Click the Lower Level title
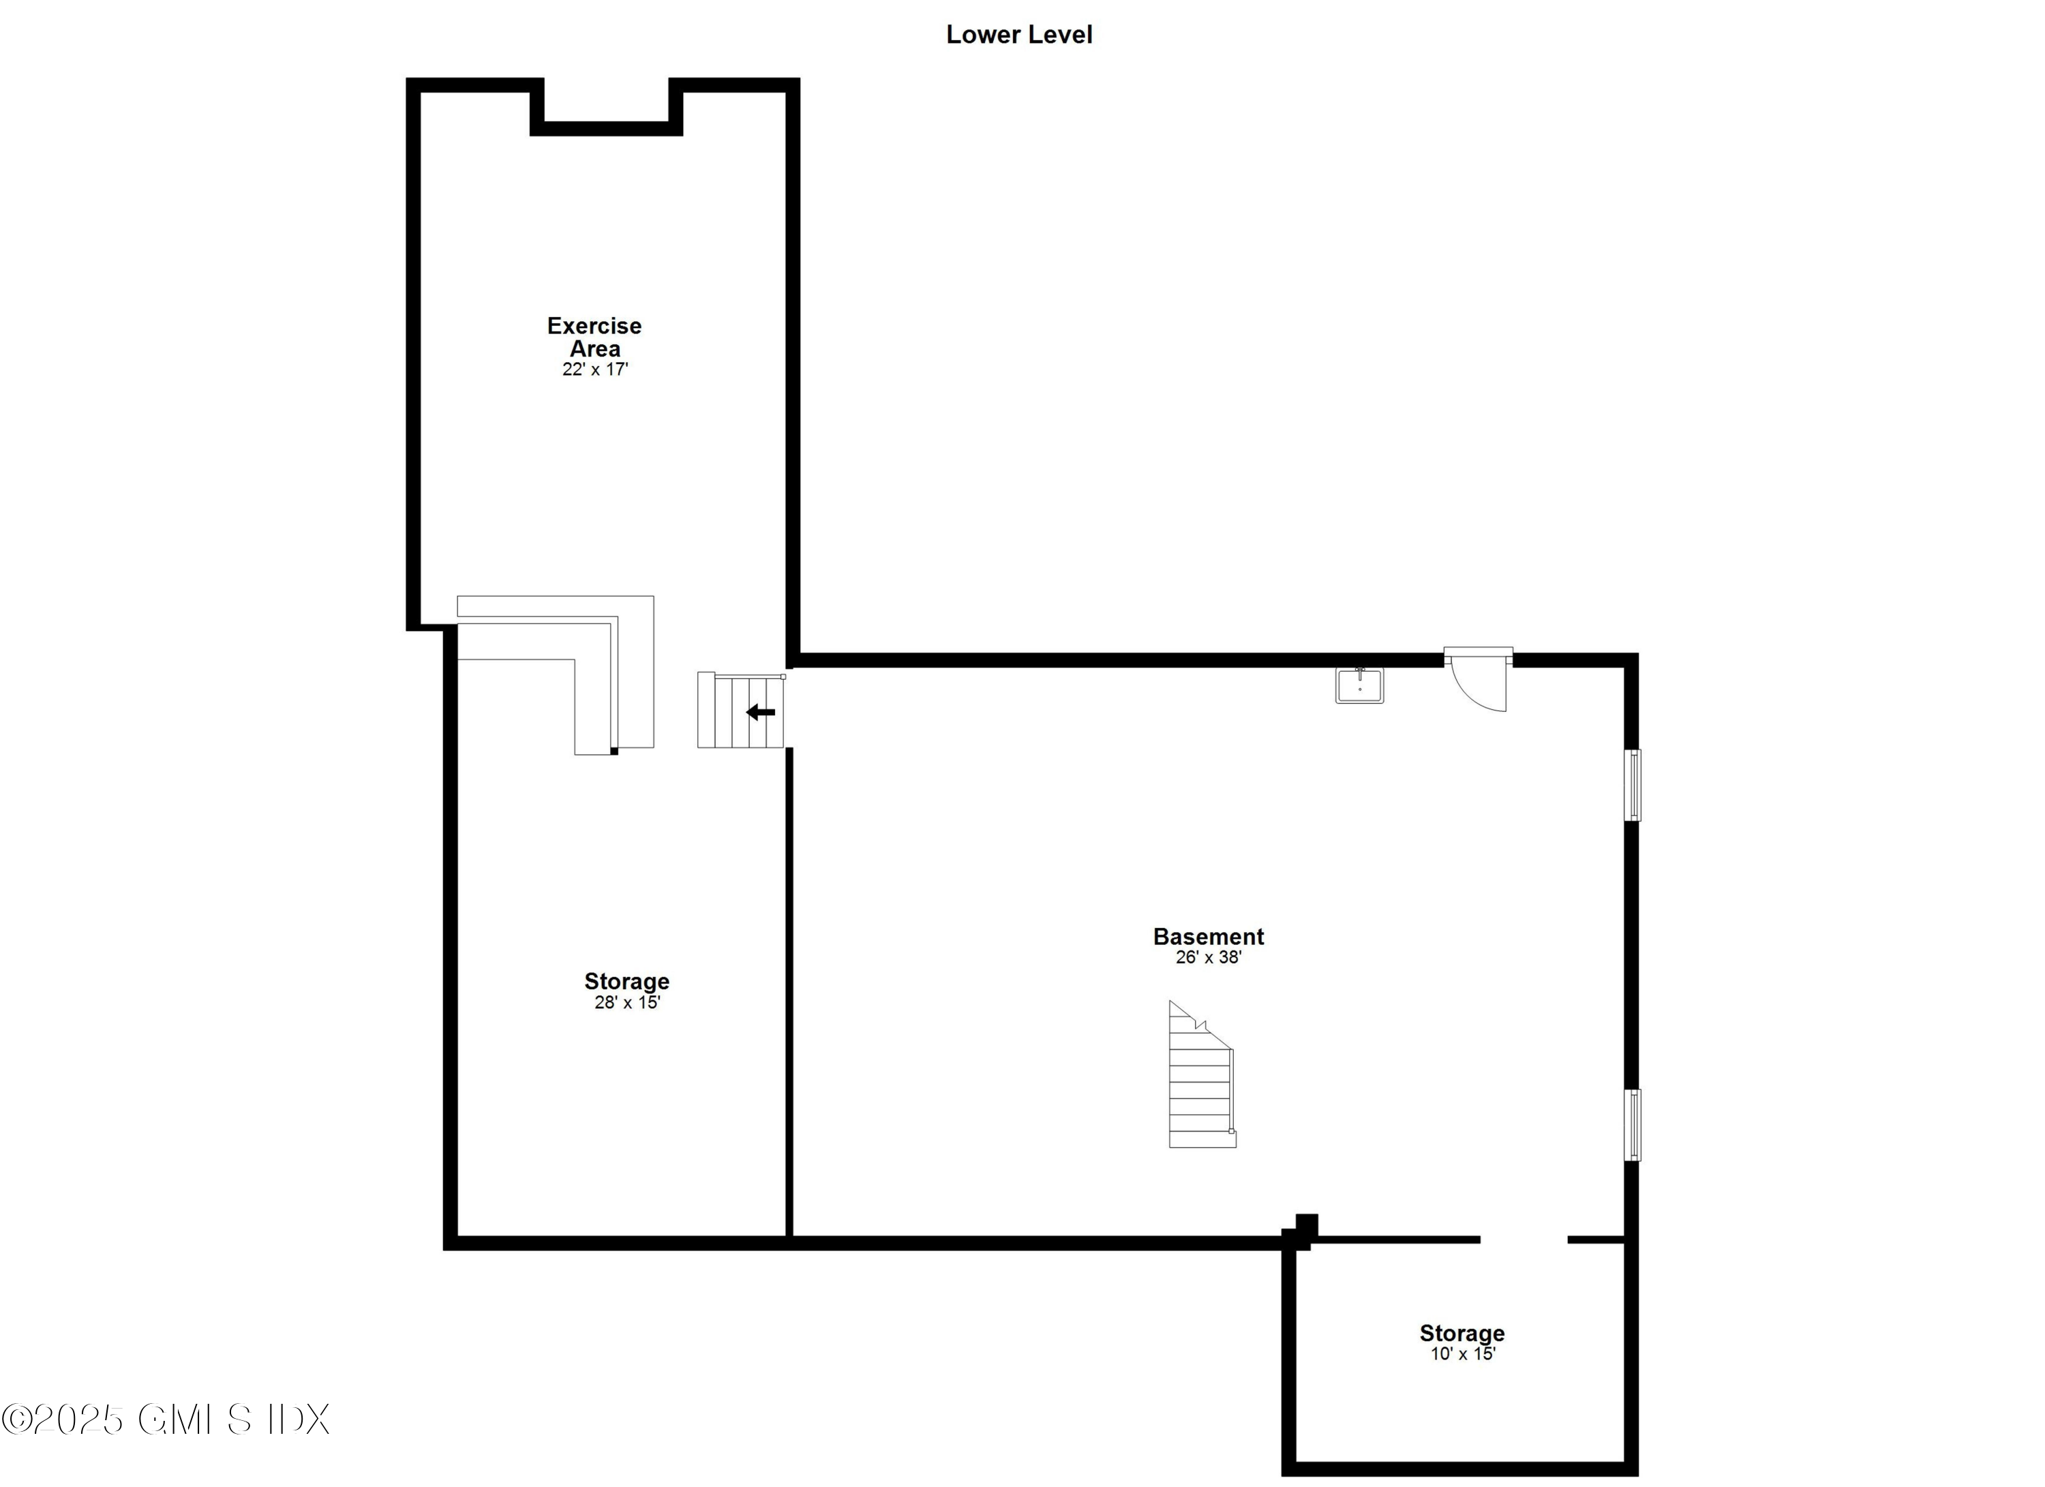tap(1019, 34)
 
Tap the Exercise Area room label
tap(594, 336)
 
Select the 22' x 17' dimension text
tap(594, 369)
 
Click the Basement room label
tap(1208, 936)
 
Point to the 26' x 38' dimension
tap(1208, 957)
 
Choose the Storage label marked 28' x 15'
tap(626, 981)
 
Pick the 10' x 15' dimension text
tap(1463, 1353)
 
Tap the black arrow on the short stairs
tap(760, 712)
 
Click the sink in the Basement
tap(1359, 685)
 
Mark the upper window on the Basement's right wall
tap(1632, 785)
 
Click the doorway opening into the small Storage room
tap(1524, 1240)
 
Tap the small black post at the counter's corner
tap(614, 751)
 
